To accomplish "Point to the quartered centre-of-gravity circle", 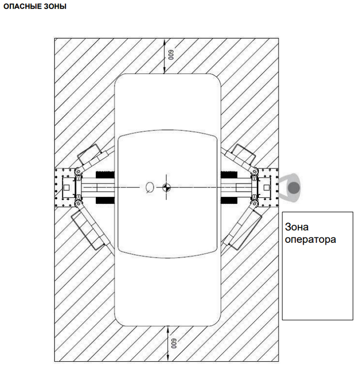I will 166,187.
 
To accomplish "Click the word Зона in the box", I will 297,227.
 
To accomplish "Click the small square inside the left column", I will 66,187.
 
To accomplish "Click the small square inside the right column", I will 265,187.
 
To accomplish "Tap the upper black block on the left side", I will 104,174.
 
